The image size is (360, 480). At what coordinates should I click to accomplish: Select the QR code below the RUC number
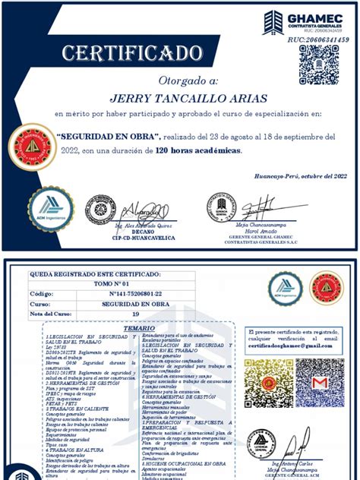(x=318, y=65)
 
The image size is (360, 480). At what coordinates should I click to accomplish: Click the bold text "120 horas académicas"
(x=198, y=150)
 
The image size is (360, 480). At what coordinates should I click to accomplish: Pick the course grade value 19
(x=135, y=313)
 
